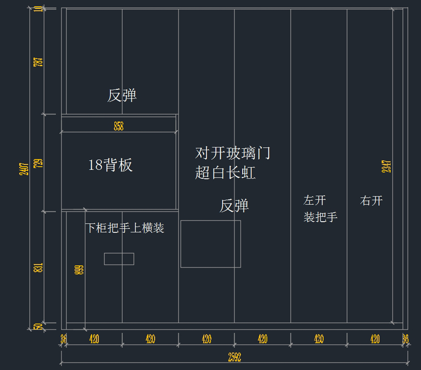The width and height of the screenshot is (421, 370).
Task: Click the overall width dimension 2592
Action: pos(234,357)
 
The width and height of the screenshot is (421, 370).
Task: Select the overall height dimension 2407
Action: pos(24,169)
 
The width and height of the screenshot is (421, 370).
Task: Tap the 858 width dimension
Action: pos(119,126)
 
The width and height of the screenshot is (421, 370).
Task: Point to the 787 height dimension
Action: pos(38,62)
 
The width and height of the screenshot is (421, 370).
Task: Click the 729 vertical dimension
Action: pos(38,163)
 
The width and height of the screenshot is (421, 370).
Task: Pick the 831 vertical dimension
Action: pos(38,268)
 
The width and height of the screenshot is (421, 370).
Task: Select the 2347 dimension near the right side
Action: pos(386,166)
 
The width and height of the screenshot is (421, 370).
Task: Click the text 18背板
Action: pos(111,165)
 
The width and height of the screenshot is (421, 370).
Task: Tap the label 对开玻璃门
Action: pos(233,153)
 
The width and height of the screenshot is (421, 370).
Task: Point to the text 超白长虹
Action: pos(225,173)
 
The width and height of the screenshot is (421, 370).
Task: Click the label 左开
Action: pos(315,200)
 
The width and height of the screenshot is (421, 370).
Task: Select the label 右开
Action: pos(371,201)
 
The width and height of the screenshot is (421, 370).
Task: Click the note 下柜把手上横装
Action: pos(125,228)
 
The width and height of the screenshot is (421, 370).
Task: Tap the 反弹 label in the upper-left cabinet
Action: pos(122,95)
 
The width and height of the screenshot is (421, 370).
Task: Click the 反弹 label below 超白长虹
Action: pos(234,206)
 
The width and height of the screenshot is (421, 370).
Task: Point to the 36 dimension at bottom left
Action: pos(64,339)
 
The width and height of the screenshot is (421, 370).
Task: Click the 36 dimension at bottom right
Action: pos(406,339)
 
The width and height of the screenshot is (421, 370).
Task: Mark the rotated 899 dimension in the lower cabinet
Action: pos(79,270)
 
